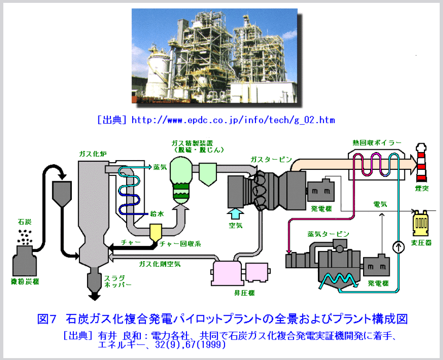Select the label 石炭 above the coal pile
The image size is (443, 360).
[x=25, y=222]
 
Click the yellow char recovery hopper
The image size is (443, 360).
[x=155, y=232]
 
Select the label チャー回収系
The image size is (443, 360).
[x=180, y=244]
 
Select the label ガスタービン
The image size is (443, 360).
[x=271, y=159]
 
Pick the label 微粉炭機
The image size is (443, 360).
[x=25, y=282]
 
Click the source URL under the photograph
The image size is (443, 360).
[x=233, y=120]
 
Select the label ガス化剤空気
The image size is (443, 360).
[x=159, y=263]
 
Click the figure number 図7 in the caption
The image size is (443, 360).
[x=47, y=318]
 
